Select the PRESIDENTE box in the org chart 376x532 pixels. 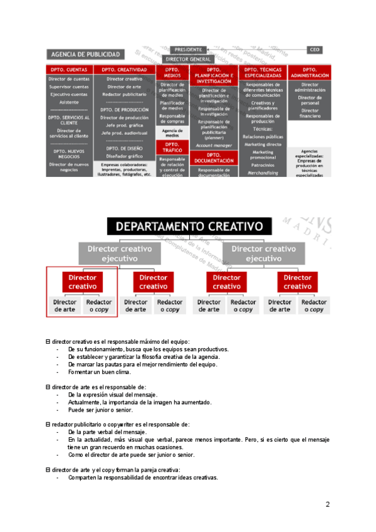(x=189, y=50)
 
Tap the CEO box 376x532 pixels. (x=315, y=50)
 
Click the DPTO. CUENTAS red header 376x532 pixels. (x=68, y=70)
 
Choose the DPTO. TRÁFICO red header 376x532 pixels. (x=172, y=148)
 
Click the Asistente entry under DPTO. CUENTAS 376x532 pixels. (x=68, y=101)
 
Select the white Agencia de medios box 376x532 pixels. (x=172, y=133)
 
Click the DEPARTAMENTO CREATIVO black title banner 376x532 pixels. (x=188, y=226)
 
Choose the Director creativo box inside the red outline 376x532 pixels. (x=82, y=282)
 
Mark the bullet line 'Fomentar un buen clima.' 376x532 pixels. (x=100, y=372)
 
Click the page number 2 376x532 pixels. (x=327, y=504)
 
